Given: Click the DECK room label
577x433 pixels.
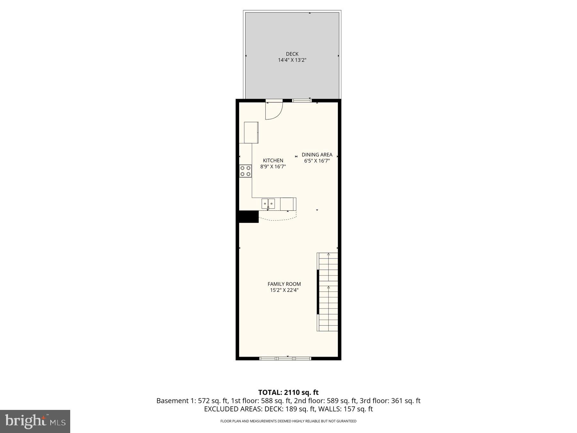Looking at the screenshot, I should pyautogui.click(x=292, y=54).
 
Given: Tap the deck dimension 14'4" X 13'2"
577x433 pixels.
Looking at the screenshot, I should pyautogui.click(x=292, y=60).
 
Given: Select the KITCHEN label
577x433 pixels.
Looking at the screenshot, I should pyautogui.click(x=273, y=160).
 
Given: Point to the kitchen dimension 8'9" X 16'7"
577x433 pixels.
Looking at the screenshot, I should pyautogui.click(x=273, y=166).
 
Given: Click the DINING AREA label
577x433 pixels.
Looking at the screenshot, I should pyautogui.click(x=317, y=155).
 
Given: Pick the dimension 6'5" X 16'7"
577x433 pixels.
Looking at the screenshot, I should pyautogui.click(x=317, y=161).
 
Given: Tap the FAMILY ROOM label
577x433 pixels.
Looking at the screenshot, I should pyautogui.click(x=284, y=284).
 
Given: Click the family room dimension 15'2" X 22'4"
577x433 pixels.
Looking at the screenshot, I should pyautogui.click(x=284, y=290).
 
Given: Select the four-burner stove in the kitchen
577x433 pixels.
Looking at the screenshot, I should pyautogui.click(x=246, y=171).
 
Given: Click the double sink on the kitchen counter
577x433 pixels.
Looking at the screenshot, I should pyautogui.click(x=268, y=204).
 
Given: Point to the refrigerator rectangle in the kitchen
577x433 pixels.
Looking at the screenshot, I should pyautogui.click(x=251, y=132).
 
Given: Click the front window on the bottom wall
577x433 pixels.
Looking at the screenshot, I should pyautogui.click(x=285, y=358).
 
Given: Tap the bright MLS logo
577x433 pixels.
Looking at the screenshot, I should pyautogui.click(x=35, y=421).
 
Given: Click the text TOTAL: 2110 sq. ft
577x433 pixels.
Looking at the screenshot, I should pyautogui.click(x=288, y=392).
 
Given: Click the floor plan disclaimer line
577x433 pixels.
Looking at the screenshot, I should pyautogui.click(x=288, y=421).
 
